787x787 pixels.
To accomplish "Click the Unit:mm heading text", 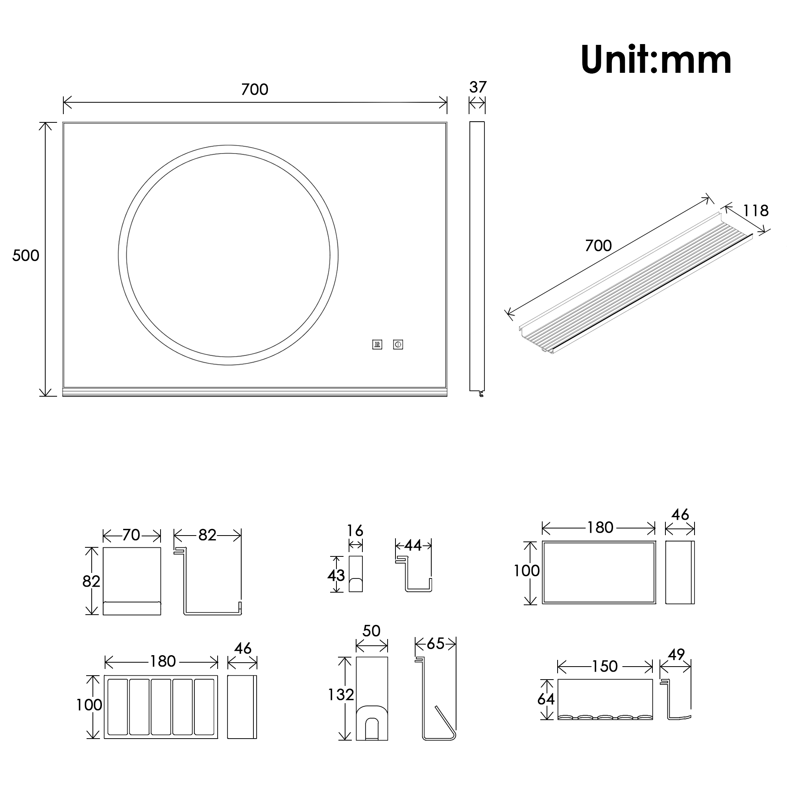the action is click(656, 60).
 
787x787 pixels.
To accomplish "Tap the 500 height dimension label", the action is click(26, 255).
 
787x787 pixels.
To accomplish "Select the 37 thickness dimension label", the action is click(478, 87).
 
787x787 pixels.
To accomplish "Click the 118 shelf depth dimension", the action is click(756, 211).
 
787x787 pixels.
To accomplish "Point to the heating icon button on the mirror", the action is click(377, 345).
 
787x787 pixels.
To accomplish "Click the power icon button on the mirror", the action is click(398, 345).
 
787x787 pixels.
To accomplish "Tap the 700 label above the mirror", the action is click(255, 90).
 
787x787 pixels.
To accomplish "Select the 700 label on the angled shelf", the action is click(599, 246).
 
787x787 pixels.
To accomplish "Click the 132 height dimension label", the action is click(341, 695).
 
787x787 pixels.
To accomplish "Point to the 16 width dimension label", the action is click(355, 531).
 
